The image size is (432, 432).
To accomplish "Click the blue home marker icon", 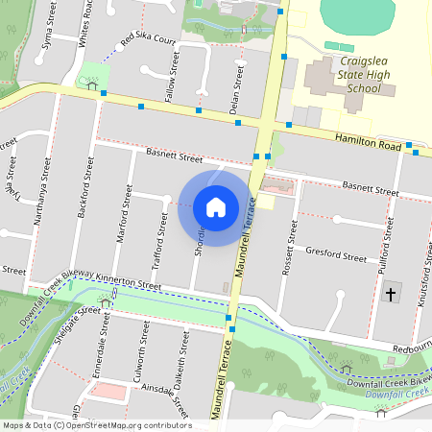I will pyautogui.click(x=216, y=206).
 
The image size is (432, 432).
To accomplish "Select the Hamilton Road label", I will pyautogui.click(x=368, y=141).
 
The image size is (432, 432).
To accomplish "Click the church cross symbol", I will pyautogui.click(x=389, y=294).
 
